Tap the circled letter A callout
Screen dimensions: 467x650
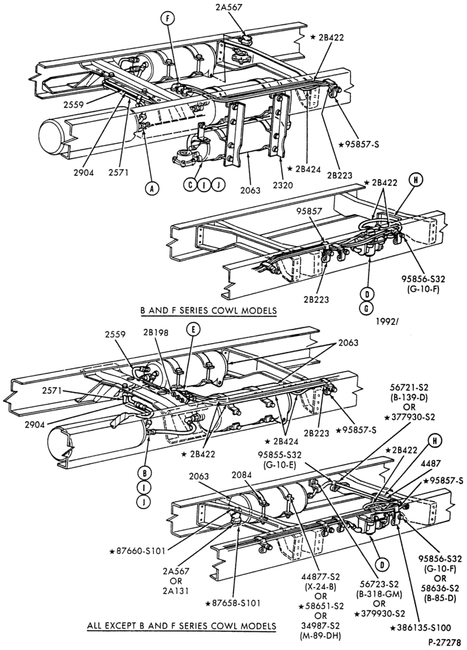click(x=152, y=188)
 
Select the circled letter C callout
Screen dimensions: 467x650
click(x=190, y=185)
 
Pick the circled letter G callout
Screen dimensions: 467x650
click(x=367, y=308)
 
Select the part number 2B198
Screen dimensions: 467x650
click(x=156, y=333)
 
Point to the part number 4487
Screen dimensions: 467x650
click(x=430, y=464)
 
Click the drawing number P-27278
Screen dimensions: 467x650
click(x=444, y=643)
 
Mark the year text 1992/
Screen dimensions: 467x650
click(x=388, y=321)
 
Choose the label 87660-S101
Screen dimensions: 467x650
click(x=138, y=551)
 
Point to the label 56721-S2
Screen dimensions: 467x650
click(x=410, y=388)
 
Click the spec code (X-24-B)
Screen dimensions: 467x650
click(x=321, y=587)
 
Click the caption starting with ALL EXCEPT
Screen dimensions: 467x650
click(x=181, y=626)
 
